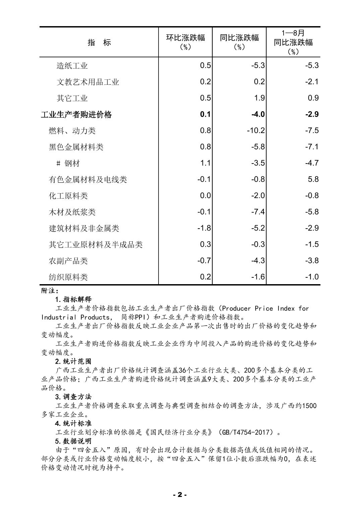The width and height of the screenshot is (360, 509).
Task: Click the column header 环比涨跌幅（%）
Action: [x=185, y=42]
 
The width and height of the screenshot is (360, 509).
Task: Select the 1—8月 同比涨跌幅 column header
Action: [x=293, y=42]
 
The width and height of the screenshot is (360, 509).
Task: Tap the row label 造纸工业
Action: [x=72, y=66]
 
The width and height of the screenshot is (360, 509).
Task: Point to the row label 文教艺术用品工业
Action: [x=88, y=82]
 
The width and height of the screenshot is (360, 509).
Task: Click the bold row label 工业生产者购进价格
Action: [x=76, y=115]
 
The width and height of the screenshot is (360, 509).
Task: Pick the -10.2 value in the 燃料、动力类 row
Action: [x=256, y=130]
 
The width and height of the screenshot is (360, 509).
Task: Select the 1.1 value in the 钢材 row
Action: [x=205, y=163]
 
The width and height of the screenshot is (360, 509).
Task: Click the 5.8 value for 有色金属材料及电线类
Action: [x=313, y=179]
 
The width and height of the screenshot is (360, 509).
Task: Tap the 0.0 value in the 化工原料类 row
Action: [x=205, y=196]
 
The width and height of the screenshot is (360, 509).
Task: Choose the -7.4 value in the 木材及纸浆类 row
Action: [x=258, y=212]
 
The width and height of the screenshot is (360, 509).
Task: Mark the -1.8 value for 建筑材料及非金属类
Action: [x=204, y=228]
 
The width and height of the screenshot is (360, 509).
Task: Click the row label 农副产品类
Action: [x=68, y=261]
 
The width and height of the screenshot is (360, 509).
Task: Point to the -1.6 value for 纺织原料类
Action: [x=258, y=277]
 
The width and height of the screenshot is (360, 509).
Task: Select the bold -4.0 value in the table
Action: [x=258, y=114]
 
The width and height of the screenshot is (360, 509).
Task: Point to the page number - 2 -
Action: [x=180, y=495]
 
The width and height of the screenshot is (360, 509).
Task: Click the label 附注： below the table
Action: [x=50, y=291]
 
